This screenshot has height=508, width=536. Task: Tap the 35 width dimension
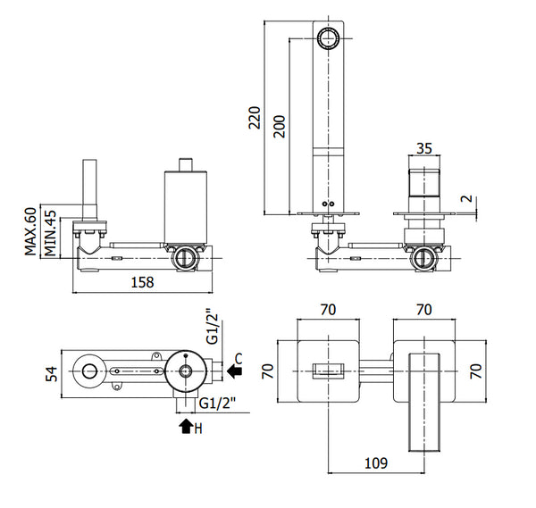424,151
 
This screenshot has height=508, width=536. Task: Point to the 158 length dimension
143,282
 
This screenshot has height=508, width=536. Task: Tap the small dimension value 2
464,200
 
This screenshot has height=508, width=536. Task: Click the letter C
239,359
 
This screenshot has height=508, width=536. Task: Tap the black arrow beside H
185,427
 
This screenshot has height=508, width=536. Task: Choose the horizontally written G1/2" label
217,404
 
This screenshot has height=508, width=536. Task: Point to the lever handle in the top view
423,402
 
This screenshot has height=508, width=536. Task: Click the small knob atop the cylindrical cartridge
185,162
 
